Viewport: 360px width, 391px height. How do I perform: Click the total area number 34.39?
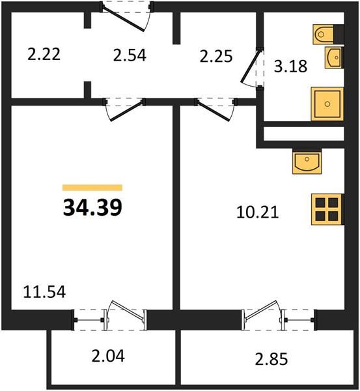pyautogui.click(x=92, y=207)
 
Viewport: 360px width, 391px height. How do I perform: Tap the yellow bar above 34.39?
pyautogui.click(x=92, y=188)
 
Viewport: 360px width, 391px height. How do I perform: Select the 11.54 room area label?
pyautogui.click(x=44, y=292)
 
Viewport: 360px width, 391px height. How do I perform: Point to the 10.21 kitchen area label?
pyautogui.click(x=257, y=212)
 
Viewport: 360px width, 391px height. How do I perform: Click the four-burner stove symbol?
pyautogui.click(x=327, y=209)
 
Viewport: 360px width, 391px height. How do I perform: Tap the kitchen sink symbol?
pyautogui.click(x=307, y=162)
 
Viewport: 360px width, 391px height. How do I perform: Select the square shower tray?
pyautogui.click(x=327, y=104)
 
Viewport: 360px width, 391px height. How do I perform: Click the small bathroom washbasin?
pyautogui.click(x=334, y=57)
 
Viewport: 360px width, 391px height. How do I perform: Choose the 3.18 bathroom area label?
pyautogui.click(x=290, y=66)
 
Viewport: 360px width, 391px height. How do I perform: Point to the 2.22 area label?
pyautogui.click(x=44, y=54)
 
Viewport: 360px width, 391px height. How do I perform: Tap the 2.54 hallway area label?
pyautogui.click(x=130, y=55)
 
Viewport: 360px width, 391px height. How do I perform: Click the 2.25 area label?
pyautogui.click(x=216, y=56)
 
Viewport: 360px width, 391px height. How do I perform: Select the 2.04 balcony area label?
pyautogui.click(x=108, y=356)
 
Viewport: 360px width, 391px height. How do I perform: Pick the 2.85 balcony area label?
pyautogui.click(x=271, y=359)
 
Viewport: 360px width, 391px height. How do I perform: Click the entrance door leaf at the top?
pyautogui.click(x=123, y=19)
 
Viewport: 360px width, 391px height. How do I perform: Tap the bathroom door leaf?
pyautogui.click(x=251, y=66)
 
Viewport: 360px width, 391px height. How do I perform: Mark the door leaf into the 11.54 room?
pyautogui.click(x=126, y=111)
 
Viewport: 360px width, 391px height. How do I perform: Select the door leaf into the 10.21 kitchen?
pyautogui.click(x=214, y=111)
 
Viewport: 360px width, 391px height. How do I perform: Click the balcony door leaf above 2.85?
pyautogui.click(x=262, y=311)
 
